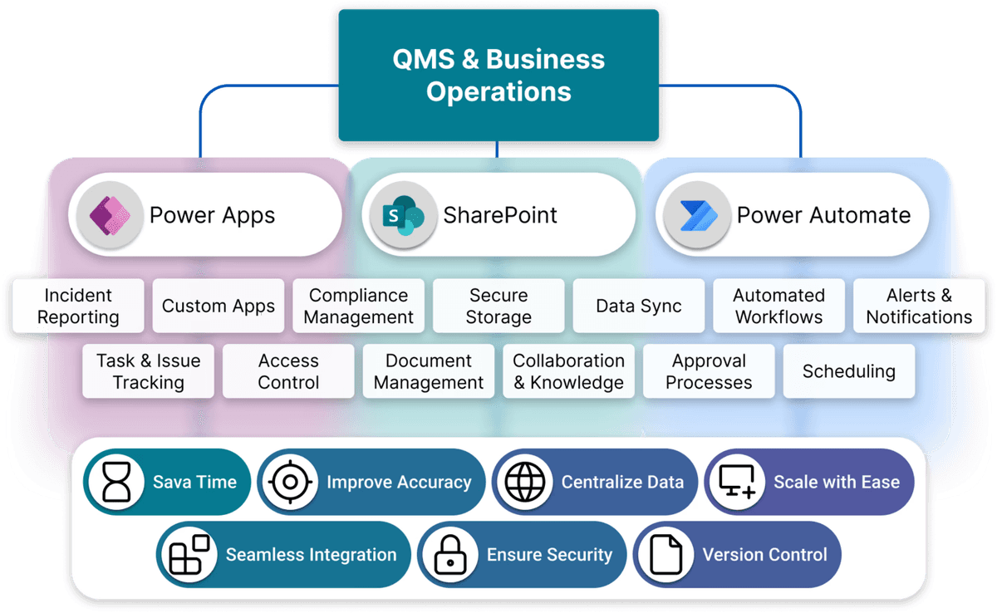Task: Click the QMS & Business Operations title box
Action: click(x=498, y=75)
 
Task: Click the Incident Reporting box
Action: click(x=78, y=306)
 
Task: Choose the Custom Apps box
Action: click(x=219, y=306)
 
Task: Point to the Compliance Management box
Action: click(x=358, y=306)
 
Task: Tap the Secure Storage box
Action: click(x=498, y=306)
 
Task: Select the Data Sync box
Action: click(x=638, y=306)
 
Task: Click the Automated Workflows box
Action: click(x=778, y=306)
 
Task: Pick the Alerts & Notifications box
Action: click(x=919, y=306)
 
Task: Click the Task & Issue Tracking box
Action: click(x=149, y=371)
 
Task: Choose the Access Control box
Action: click(x=288, y=371)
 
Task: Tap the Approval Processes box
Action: click(x=709, y=371)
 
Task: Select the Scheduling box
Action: click(x=848, y=371)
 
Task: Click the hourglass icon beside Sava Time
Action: click(x=117, y=482)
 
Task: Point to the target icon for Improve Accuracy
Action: click(x=290, y=482)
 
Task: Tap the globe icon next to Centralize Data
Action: click(x=525, y=482)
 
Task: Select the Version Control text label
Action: click(x=764, y=555)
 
